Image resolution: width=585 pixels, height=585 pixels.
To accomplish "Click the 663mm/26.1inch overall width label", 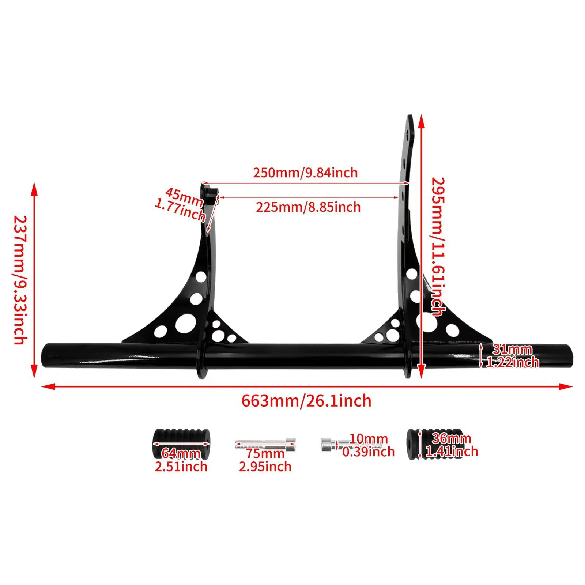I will pos(306,401).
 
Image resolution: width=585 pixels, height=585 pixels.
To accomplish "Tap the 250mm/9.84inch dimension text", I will pos(305,173).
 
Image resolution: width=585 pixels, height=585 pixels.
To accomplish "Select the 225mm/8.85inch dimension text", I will pos(308,207).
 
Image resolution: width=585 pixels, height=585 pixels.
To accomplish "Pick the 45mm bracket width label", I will pos(184,197).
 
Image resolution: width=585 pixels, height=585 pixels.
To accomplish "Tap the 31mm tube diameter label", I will pos(512,349).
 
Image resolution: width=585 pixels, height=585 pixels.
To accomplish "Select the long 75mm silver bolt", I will pos(265,445).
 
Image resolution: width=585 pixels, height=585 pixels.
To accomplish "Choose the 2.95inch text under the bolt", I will pos(265,467).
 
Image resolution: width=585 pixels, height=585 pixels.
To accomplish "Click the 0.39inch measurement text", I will pos(369,452).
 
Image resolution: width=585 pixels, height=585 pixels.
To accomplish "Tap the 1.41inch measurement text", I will pos(452,452).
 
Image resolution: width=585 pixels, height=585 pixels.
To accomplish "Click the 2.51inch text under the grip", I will pos(181,467).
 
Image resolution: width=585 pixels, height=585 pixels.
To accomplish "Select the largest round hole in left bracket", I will pos(185,323).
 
